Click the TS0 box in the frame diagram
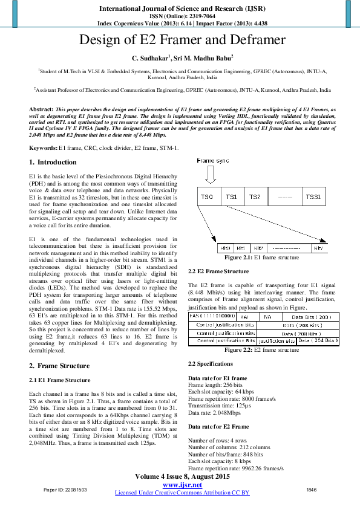pos(208,197)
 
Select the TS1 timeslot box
pos(232,197)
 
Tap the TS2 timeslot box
pos(255,197)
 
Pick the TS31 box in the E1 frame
pos(313,197)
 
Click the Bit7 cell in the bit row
pos(318,248)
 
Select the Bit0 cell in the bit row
pos(225,248)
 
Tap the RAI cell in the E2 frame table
pos(244,316)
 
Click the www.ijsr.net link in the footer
pos(182,485)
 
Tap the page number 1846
pos(312,490)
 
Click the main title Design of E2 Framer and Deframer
pos(182,41)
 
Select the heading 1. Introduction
pos(53,162)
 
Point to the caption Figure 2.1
pos(238,258)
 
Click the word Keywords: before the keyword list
pos(44,147)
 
